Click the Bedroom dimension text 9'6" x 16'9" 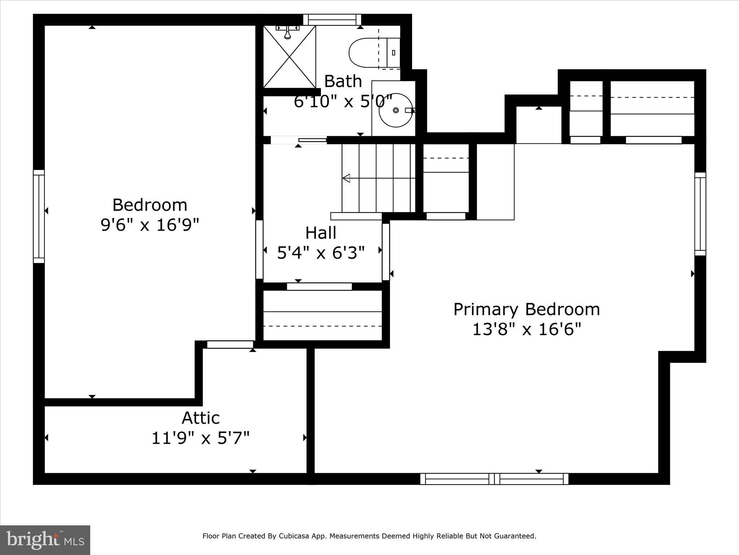pos(150,225)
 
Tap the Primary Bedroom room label pos(526,309)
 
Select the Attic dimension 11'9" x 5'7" pos(201,438)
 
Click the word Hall pos(321,233)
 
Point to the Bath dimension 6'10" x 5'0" pos(343,101)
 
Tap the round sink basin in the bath pos(396,110)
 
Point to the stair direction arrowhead pos(346,178)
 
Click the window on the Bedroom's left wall pos(39,216)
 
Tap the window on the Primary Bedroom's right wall pos(700,214)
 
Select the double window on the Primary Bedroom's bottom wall pos(494,479)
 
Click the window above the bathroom pos(332,20)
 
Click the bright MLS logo pos(45,540)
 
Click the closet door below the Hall pos(319,287)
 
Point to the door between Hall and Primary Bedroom pos(386,252)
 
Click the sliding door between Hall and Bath pos(299,140)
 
